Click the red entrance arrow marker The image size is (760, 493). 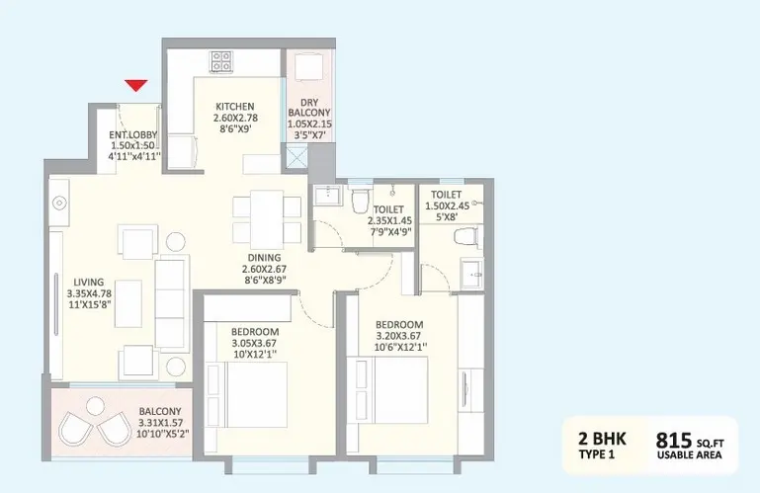pos(135,85)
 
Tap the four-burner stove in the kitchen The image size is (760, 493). pos(221,61)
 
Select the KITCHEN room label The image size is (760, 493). pos(235,106)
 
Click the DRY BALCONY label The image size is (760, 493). pos(309,108)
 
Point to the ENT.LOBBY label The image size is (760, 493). pos(132,134)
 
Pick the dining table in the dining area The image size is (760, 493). pos(267,219)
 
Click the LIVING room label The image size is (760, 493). pos(89,282)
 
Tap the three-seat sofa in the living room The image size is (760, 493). pos(172,304)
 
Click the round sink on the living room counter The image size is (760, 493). pos(59,203)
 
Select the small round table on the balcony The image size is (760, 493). pos(96,406)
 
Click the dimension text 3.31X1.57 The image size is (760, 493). pos(160,423)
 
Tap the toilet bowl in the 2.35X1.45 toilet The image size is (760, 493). pos(360,201)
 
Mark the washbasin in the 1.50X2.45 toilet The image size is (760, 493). pos(471,275)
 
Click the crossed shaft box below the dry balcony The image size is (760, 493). pos(296,157)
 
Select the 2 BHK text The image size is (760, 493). pos(602,439)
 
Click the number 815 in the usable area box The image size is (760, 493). pos(674,441)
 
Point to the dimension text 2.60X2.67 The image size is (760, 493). pos(264,269)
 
